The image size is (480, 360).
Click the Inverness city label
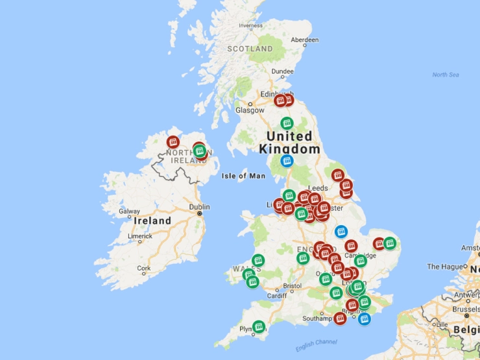(x=250, y=26)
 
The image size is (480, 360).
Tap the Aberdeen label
(x=305, y=40)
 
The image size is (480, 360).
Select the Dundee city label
(x=282, y=71)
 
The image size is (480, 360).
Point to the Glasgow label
(x=250, y=110)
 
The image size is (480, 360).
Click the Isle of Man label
(x=243, y=176)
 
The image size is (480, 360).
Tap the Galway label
(x=129, y=211)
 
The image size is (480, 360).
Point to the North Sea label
(x=446, y=75)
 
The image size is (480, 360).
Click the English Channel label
(x=316, y=345)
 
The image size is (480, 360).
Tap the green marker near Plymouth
(x=258, y=326)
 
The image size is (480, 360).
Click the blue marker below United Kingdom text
(x=286, y=161)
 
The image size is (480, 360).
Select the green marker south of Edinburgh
(x=286, y=123)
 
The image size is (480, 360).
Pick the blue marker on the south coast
(x=365, y=319)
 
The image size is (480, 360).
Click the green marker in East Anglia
(x=389, y=243)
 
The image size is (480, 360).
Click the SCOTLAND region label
(x=250, y=49)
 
